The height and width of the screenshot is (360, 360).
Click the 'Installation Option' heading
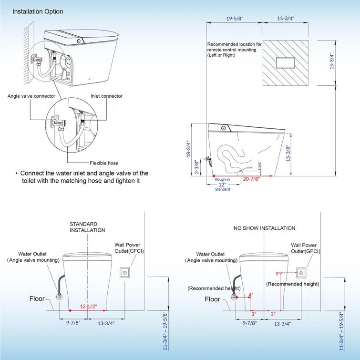pyautogui.click(x=38, y=11)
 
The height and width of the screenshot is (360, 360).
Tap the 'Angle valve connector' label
pyautogui.click(x=31, y=96)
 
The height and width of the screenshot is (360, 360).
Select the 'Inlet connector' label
pyautogui.click(x=106, y=96)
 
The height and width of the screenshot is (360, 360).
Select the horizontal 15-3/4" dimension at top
pyautogui.click(x=285, y=19)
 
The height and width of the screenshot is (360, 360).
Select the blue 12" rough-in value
pyautogui.click(x=222, y=184)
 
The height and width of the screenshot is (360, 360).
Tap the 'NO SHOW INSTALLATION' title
pyautogui.click(x=264, y=228)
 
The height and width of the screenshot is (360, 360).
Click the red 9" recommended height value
pyautogui.click(x=278, y=274)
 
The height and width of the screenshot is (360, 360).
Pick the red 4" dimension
pyautogui.click(x=251, y=295)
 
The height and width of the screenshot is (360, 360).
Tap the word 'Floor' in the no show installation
pyautogui.click(x=213, y=299)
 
